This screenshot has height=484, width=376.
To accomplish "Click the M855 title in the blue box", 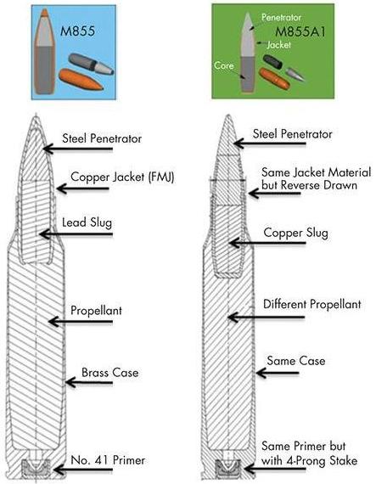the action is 77,31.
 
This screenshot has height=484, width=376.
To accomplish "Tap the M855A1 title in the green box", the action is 300,31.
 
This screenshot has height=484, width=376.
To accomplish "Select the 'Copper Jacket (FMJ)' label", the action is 122,177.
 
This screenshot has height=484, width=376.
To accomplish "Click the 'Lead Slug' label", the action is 87,222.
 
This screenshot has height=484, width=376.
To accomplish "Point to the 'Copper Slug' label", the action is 296,233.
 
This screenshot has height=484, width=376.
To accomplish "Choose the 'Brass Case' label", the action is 110,373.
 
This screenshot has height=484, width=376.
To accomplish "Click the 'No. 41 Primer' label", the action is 108,460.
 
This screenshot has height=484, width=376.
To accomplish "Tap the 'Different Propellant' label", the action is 311,304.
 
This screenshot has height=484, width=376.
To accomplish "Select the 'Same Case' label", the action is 296,361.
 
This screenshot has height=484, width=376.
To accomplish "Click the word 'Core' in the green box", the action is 224,65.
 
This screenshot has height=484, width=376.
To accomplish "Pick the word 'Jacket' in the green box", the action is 279,45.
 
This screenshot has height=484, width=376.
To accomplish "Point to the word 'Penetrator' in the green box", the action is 281,17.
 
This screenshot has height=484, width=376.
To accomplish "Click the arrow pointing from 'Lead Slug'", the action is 76,234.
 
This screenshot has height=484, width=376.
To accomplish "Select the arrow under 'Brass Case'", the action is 89,383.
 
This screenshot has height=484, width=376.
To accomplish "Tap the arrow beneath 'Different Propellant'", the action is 267,317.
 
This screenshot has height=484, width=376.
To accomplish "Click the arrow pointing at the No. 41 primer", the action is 83,470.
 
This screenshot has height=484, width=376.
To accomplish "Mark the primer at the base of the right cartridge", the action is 228,467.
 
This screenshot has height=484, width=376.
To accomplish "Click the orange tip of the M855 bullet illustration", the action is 44,13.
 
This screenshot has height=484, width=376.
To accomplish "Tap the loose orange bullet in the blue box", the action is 81,78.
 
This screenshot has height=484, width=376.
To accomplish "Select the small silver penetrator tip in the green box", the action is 295,74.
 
